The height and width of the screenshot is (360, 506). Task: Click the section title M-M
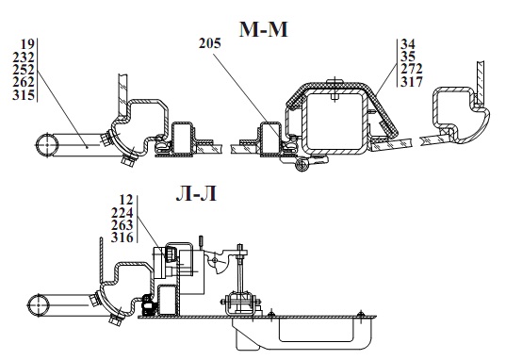tap(263, 30)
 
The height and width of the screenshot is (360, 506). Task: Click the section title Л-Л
tap(196, 194)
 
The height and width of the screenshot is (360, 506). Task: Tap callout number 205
tap(210, 43)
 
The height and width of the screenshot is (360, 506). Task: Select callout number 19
tap(27, 44)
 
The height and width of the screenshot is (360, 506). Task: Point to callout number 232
tap(24, 57)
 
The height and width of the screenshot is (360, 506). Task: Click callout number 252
tap(24, 70)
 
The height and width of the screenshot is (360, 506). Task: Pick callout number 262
tap(24, 82)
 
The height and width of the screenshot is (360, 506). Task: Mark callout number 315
tap(24, 95)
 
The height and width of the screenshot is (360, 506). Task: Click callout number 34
tap(408, 44)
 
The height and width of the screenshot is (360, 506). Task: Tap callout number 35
tap(408, 57)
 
